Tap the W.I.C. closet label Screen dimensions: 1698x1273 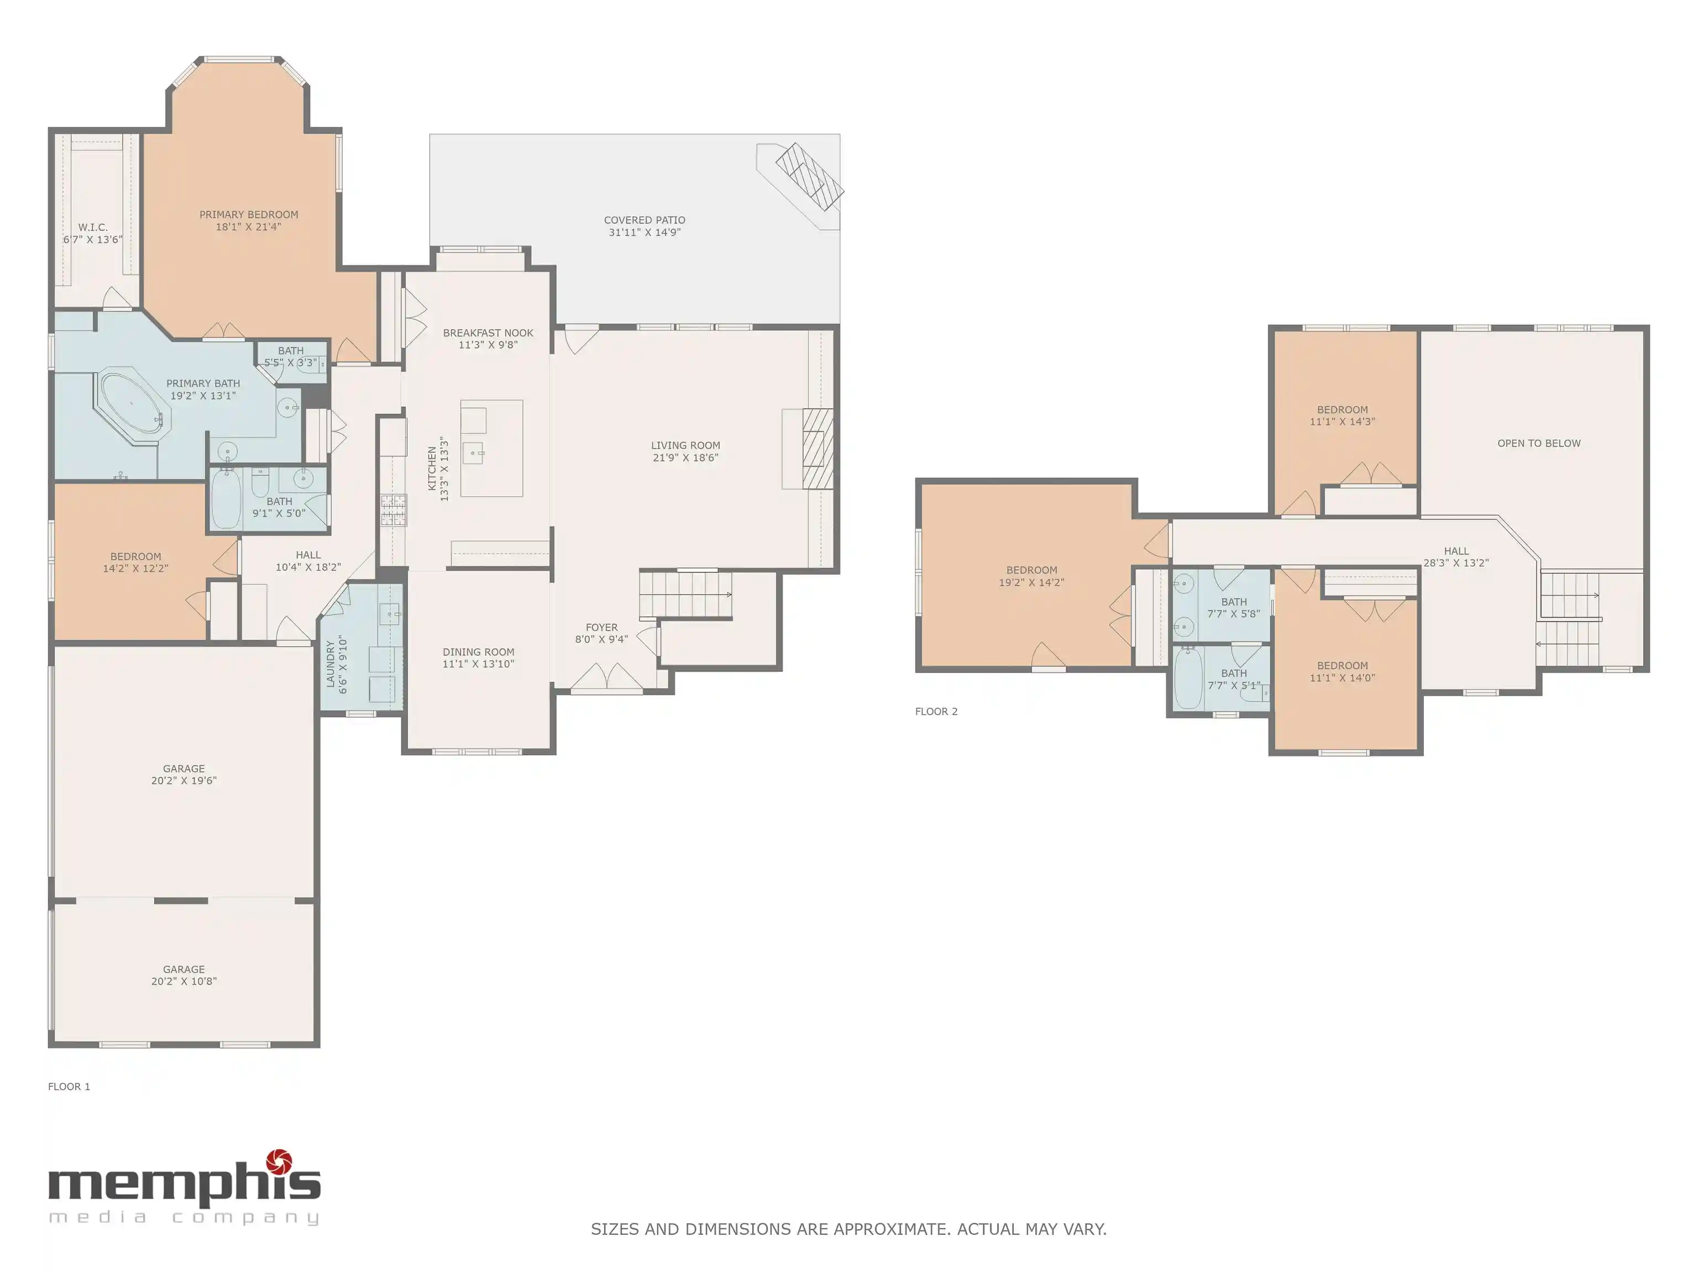pyautogui.click(x=93, y=227)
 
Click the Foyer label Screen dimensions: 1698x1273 pyautogui.click(x=602, y=628)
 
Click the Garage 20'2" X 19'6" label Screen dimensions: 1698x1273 pyautogui.click(x=184, y=774)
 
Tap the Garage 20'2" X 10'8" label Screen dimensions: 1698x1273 pyautogui.click(x=184, y=975)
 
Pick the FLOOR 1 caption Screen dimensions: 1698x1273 pyautogui.click(x=69, y=1087)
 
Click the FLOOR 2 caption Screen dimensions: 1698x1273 pyautogui.click(x=936, y=711)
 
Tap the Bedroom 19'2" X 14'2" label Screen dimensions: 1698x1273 pyautogui.click(x=1032, y=576)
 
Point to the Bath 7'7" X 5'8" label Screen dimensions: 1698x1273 pyautogui.click(x=1234, y=608)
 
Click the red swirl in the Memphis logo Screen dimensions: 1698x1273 pyautogui.click(x=280, y=1162)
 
